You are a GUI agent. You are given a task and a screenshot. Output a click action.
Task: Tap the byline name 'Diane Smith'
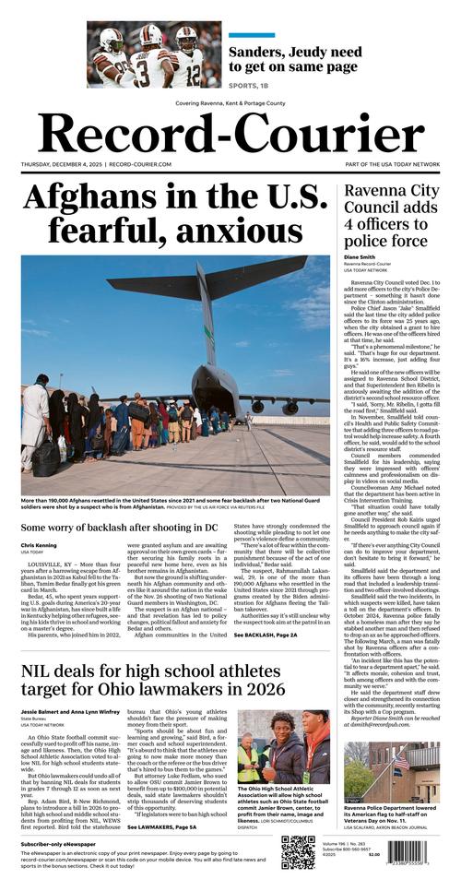click(361, 257)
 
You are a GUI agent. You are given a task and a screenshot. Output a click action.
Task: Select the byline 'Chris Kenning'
click(39, 546)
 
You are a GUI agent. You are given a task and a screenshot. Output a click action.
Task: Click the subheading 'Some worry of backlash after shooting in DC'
click(120, 527)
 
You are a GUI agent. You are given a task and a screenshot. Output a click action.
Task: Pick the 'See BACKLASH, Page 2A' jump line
click(265, 661)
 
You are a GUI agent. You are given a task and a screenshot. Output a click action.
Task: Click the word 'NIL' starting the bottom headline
click(42, 696)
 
